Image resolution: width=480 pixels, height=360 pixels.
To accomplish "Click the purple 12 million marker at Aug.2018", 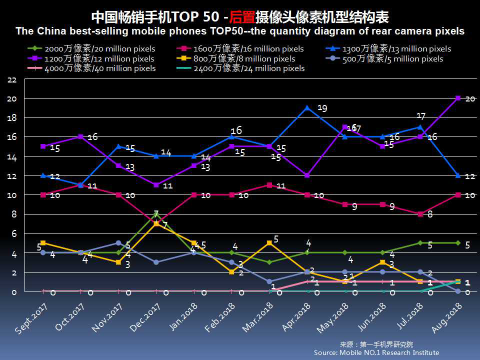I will click(458, 98).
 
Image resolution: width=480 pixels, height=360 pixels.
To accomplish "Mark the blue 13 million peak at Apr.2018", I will click(307, 108).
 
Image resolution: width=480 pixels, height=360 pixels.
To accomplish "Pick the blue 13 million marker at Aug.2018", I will click(458, 175).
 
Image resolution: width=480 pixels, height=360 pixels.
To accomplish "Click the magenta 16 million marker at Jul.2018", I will click(420, 214).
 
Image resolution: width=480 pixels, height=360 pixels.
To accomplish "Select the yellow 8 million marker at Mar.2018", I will click(269, 243).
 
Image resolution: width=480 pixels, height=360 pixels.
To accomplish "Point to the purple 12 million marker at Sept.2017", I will click(43, 146).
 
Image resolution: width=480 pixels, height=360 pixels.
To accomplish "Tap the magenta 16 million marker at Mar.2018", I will click(269, 185).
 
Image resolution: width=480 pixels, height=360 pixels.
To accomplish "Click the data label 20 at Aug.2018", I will click(470, 98).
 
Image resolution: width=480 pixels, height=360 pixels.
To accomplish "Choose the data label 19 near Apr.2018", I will click(322, 108).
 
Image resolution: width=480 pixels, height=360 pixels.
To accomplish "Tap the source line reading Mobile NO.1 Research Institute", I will click(376, 352).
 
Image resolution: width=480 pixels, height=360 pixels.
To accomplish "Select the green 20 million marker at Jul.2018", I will click(420, 243).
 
